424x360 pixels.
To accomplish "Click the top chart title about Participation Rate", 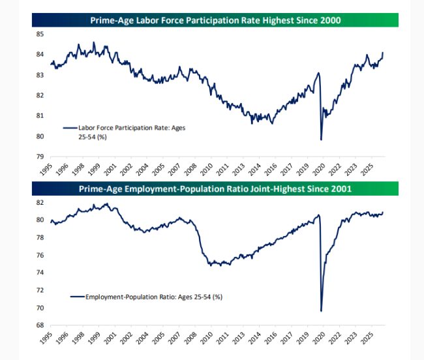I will pos(215,21).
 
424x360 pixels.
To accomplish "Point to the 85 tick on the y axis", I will pos(40,34).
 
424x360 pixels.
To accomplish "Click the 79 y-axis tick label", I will pos(40,157).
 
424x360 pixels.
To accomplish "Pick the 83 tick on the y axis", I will pos(40,75).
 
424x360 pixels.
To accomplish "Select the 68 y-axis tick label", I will pos(40,325).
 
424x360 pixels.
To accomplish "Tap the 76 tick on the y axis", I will pos(40,255).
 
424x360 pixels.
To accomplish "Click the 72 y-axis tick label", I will pos(40,290).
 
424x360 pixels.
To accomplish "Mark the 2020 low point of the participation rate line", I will pos(321,139).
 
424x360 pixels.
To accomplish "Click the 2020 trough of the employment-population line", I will pos(321,310).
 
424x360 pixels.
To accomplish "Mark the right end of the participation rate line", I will pos(383,52).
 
